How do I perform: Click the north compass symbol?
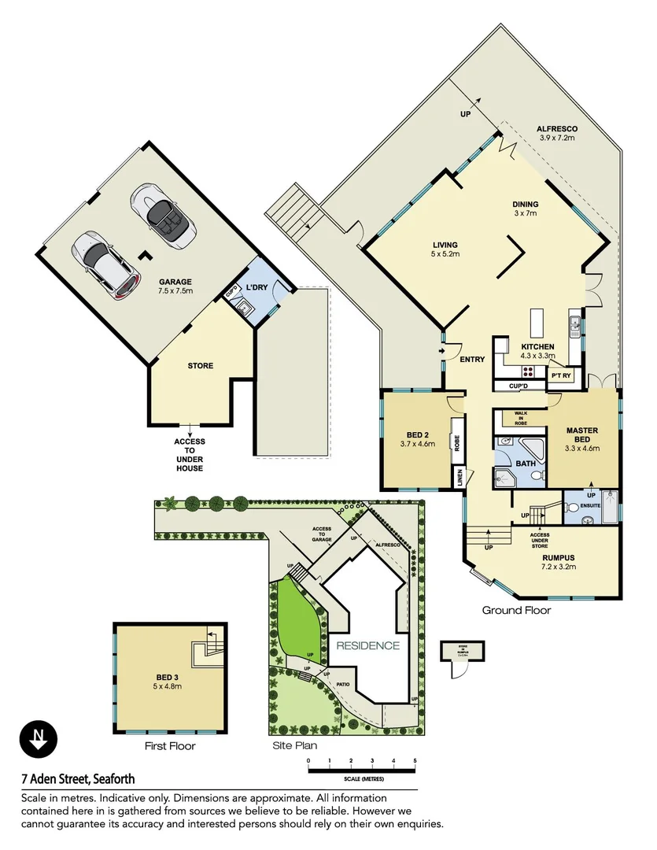(x=38, y=740)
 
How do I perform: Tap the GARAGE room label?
(x=175, y=282)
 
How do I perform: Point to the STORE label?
(x=200, y=366)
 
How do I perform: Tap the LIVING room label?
(x=445, y=245)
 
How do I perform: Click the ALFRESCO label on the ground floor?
(x=557, y=128)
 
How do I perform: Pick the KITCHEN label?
(x=537, y=347)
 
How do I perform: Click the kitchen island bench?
(x=537, y=323)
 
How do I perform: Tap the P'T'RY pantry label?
(x=561, y=376)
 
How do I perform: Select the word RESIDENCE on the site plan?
(x=368, y=646)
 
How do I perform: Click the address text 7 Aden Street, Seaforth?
(x=78, y=780)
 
